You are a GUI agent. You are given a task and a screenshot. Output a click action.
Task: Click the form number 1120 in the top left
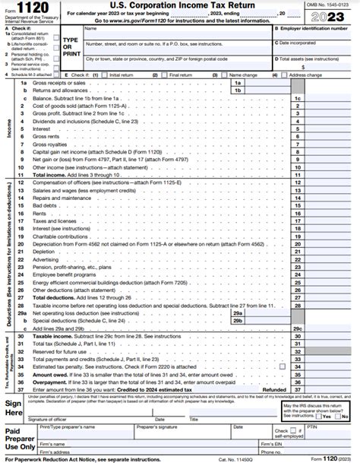pyautogui.click(x=30, y=8)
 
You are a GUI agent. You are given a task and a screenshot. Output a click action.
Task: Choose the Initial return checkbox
pyautogui.click(x=107, y=75)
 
